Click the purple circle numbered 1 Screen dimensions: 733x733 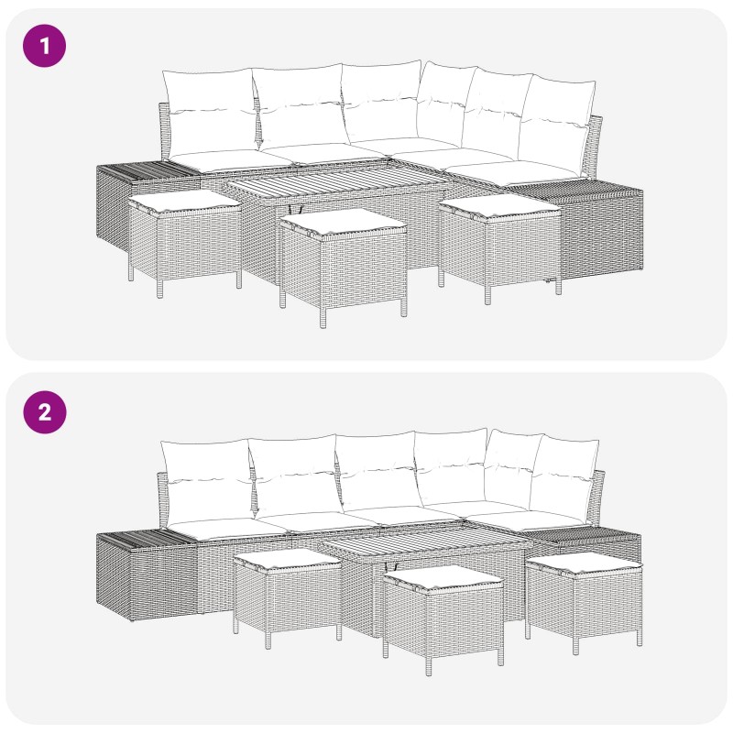(x=44, y=46)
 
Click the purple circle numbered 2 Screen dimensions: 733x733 (x=44, y=412)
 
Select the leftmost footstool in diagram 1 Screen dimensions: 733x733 (x=185, y=242)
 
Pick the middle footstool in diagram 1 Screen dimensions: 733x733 (x=343, y=267)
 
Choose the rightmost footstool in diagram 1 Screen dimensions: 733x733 (x=499, y=247)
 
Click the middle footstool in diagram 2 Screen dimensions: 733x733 (x=443, y=616)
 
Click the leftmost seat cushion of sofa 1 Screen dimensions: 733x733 (x=229, y=161)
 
